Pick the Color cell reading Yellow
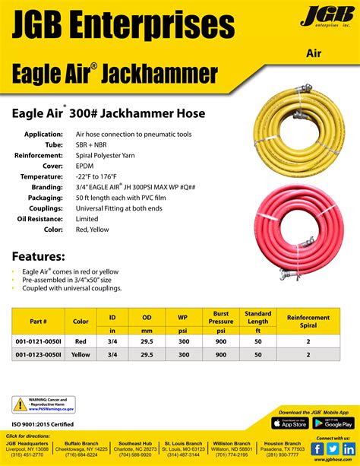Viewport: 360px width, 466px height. (81, 353)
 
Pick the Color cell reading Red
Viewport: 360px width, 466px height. (81, 342)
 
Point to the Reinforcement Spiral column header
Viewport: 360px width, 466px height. (308, 321)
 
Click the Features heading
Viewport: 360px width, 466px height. (38, 257)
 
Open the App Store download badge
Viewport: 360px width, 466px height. (289, 423)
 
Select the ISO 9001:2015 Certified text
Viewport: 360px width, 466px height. (43, 423)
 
